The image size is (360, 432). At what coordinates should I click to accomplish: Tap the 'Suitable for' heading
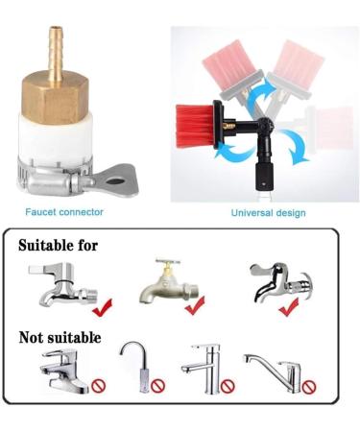(x=58, y=246)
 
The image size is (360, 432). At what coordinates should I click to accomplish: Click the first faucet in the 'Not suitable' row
(x=63, y=370)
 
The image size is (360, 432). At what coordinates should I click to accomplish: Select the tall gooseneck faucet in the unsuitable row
(x=135, y=365)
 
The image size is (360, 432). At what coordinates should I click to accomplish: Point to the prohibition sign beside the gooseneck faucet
(x=157, y=387)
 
